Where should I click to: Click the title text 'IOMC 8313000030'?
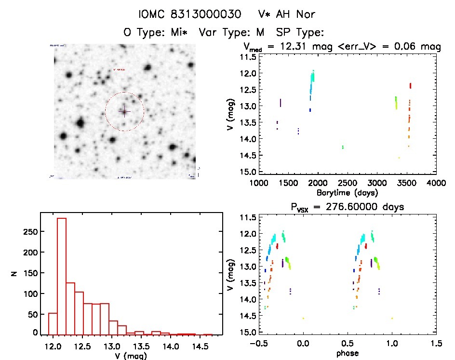click(189, 14)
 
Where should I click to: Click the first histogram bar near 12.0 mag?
click(53, 323)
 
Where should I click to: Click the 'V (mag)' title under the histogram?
click(131, 356)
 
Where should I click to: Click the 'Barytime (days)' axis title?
click(347, 192)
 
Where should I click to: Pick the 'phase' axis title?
click(347, 353)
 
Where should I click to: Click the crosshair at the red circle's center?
click(124, 111)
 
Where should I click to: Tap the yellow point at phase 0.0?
click(303, 318)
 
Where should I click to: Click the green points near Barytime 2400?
click(343, 147)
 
